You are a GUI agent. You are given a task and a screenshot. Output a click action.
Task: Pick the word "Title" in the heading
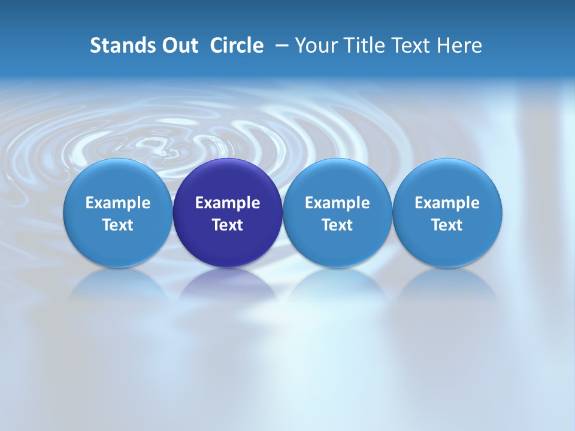pos(364,45)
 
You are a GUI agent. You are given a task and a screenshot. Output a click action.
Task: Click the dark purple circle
pos(228,213)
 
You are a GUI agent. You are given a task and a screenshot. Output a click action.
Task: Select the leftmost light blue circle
pos(118,213)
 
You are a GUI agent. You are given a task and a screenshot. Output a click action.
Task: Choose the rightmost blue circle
pos(447,213)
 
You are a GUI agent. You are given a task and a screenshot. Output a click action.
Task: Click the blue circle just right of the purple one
pos(337,213)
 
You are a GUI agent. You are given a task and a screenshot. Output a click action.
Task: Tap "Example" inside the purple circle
pos(228,203)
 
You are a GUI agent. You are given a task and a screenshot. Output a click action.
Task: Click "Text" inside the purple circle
pos(228,225)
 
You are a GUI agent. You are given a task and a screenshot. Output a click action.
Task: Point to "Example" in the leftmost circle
pos(118,203)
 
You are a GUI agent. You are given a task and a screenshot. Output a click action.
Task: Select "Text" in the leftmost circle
pos(118,225)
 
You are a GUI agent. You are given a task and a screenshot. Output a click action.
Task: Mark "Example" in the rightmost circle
pos(447,203)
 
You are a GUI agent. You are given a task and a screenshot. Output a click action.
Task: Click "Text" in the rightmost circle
pos(447,225)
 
